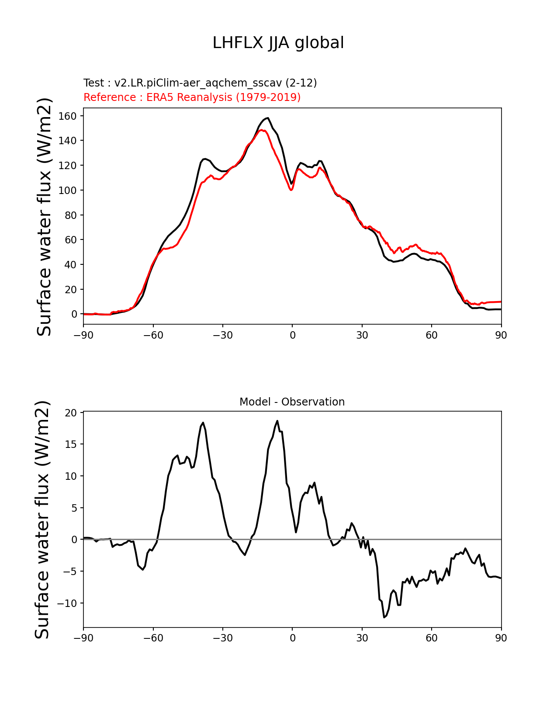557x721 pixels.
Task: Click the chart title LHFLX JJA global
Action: point(278,43)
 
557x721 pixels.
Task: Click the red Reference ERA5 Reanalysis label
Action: point(192,97)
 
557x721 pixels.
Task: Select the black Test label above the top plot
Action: point(200,83)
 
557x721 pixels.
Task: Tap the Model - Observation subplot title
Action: point(292,402)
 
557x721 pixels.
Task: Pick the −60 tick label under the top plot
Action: point(153,335)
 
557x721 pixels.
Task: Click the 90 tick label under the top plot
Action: point(501,335)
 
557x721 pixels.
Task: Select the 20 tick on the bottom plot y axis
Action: point(71,412)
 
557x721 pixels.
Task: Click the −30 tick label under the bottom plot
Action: point(222,638)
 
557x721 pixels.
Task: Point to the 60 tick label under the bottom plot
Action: point(432,638)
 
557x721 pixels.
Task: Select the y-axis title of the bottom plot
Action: point(43,520)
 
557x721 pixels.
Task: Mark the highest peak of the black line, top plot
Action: point(268,118)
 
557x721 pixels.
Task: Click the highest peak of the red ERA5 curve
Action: point(261,130)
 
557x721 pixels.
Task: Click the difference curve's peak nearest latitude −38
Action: point(203,423)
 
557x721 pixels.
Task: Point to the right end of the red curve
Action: point(501,302)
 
